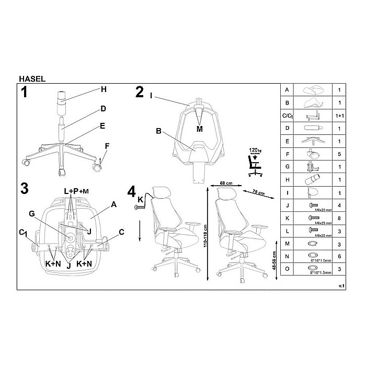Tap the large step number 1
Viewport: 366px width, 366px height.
click(24, 93)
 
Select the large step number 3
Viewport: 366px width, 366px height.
click(24, 189)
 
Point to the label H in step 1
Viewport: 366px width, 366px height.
click(104, 89)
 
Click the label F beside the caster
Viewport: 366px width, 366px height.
click(107, 146)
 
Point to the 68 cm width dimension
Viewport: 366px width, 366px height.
click(226, 184)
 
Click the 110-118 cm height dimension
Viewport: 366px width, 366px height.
click(206, 237)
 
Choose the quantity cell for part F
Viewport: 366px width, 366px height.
click(340, 154)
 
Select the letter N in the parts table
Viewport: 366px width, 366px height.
click(286, 257)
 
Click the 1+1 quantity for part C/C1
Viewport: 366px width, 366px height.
click(340, 116)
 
